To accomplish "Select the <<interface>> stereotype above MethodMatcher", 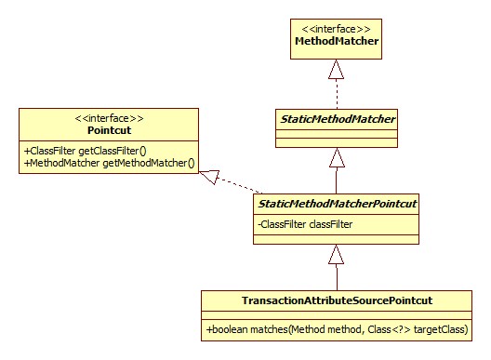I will [x=338, y=29].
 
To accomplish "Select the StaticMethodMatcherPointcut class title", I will [x=338, y=204].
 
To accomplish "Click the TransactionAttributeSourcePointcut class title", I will [x=338, y=300].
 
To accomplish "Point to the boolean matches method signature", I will [x=338, y=329].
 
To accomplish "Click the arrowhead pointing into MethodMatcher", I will [x=338, y=69].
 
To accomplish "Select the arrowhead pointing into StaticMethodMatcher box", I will [x=338, y=157].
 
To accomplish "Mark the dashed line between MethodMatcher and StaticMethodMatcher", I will [x=338, y=93].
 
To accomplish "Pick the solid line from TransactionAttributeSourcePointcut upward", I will [x=338, y=277].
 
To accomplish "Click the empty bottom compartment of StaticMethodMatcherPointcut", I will [x=338, y=238].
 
